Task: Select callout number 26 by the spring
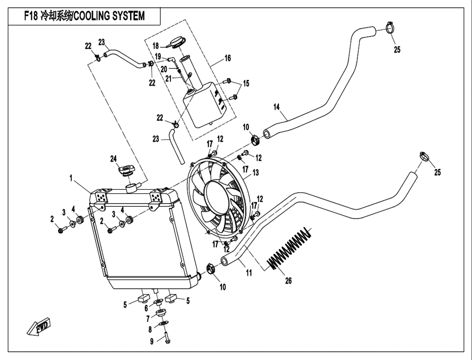[x=288, y=281]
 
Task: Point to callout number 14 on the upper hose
[x=276, y=107]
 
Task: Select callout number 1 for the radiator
[x=70, y=178]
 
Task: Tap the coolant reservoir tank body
[x=202, y=103]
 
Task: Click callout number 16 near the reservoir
[x=227, y=58]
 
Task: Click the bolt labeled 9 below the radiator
[x=166, y=338]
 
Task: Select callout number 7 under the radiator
[x=148, y=319]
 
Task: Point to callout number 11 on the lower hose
[x=249, y=272]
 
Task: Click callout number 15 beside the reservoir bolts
[x=246, y=84]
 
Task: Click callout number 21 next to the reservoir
[x=168, y=78]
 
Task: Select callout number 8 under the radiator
[x=150, y=330]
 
